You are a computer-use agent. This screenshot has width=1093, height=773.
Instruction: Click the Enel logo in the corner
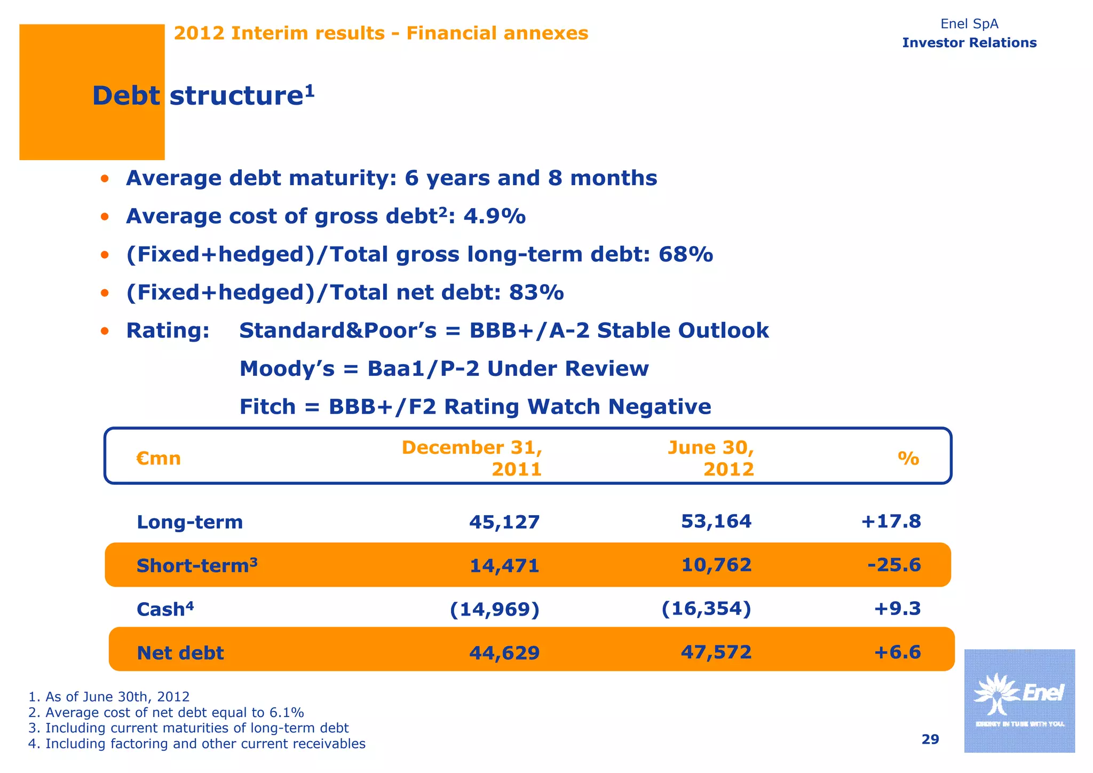(x=1019, y=700)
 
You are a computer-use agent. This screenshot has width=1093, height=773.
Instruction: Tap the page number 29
(x=930, y=739)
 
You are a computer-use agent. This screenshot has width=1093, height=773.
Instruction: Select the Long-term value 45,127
(x=504, y=522)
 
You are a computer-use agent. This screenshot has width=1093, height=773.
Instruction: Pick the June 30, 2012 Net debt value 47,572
(x=716, y=652)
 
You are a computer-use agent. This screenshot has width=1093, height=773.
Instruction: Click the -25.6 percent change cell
(x=894, y=565)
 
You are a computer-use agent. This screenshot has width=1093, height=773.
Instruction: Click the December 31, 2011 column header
(x=472, y=458)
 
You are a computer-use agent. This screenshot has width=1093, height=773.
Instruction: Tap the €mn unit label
(x=159, y=459)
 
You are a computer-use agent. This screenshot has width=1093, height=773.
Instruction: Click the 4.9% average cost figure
(x=494, y=217)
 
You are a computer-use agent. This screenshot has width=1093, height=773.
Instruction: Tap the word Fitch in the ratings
(x=267, y=407)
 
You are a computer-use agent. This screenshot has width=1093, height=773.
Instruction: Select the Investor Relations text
(x=969, y=43)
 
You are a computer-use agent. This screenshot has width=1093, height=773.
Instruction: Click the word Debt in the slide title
(x=126, y=97)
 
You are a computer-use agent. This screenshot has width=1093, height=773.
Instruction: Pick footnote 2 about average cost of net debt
(x=166, y=713)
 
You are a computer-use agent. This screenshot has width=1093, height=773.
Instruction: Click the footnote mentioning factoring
(x=197, y=744)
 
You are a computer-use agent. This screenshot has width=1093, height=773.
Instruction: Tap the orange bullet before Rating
(x=105, y=332)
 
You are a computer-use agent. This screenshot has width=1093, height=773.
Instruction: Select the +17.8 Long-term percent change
(x=891, y=522)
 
